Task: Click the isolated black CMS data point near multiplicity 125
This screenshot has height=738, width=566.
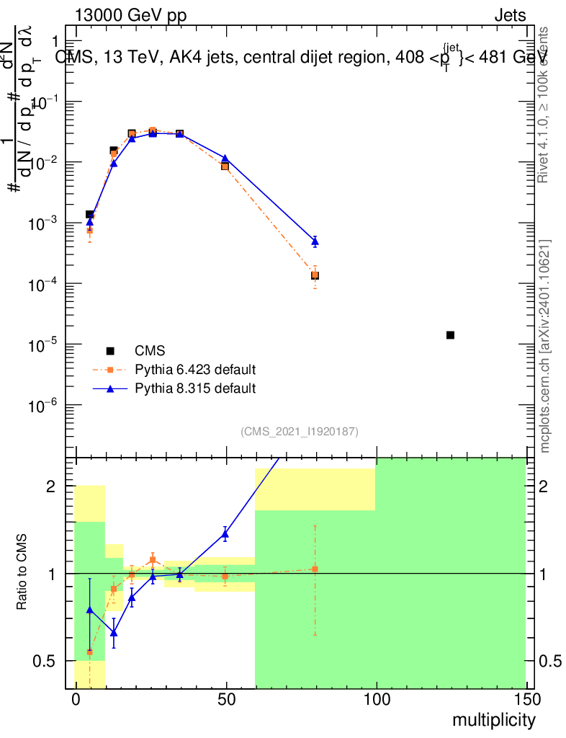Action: [450, 335]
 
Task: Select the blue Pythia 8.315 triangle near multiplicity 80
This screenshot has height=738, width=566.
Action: [315, 241]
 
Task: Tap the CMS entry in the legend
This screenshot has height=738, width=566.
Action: [150, 351]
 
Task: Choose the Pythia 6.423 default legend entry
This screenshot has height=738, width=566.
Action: [195, 370]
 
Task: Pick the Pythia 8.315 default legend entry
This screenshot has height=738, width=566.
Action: [195, 388]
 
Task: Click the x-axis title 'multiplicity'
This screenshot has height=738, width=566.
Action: [494, 720]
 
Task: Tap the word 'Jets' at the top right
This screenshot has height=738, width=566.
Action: [510, 15]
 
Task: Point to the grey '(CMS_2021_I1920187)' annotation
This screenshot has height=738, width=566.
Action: [300, 431]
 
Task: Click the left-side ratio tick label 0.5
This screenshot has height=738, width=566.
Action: [45, 661]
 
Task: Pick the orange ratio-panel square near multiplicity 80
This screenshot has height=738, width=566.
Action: [315, 569]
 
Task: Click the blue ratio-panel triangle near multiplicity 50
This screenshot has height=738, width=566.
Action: [225, 534]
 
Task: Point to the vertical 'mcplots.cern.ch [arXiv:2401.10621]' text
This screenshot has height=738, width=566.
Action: [545, 346]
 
